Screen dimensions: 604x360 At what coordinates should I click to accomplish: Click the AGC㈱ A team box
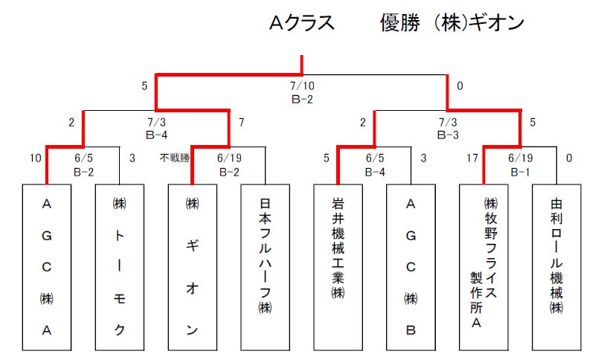(47, 267)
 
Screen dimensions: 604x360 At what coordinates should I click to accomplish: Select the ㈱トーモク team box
(120, 267)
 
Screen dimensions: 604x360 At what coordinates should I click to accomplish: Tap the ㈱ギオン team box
(192, 267)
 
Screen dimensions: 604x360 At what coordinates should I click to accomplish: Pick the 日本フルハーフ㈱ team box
(265, 267)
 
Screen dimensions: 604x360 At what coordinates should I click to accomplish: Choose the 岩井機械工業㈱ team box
(338, 267)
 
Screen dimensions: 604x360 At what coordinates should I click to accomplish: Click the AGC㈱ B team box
(411, 267)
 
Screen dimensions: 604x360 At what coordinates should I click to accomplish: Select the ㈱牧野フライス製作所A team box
(483, 267)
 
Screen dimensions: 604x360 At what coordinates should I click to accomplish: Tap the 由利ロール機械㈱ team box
(556, 267)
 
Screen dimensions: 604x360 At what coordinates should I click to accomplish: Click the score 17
(472, 158)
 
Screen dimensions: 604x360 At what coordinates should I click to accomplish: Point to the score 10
(36, 158)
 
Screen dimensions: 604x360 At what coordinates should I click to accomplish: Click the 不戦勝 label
(175, 158)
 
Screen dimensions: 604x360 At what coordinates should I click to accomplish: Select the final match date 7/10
(302, 86)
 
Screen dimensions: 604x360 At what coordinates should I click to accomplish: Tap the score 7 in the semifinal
(242, 123)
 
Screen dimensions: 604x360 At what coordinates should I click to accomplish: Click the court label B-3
(448, 135)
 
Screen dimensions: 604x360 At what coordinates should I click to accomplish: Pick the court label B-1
(521, 172)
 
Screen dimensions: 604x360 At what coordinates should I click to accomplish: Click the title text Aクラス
(301, 22)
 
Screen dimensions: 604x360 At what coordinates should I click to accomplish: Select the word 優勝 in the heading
(400, 22)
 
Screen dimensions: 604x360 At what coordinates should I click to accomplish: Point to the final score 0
(460, 86)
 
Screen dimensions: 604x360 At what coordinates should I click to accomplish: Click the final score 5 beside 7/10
(144, 86)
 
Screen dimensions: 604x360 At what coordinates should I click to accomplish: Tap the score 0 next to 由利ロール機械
(569, 158)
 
